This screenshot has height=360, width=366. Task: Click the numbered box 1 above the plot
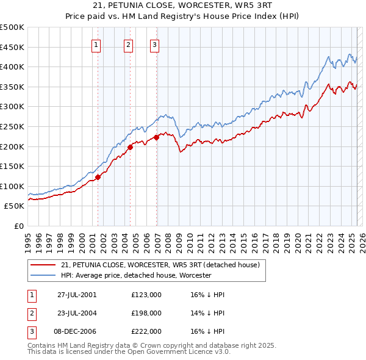97,44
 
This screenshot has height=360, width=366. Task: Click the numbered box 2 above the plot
129,44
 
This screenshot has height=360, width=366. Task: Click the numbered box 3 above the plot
155,44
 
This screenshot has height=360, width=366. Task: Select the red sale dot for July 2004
131,147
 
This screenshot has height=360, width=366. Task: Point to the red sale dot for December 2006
157,137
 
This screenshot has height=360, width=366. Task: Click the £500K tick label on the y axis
12,27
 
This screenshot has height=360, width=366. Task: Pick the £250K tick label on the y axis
12,126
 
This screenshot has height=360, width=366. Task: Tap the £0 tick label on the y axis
18,226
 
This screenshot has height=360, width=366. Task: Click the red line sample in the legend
43,265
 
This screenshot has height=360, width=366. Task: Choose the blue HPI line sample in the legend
43,275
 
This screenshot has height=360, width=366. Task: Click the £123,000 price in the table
146,294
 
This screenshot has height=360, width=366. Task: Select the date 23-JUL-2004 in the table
77,313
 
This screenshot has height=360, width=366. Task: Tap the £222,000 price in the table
146,332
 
